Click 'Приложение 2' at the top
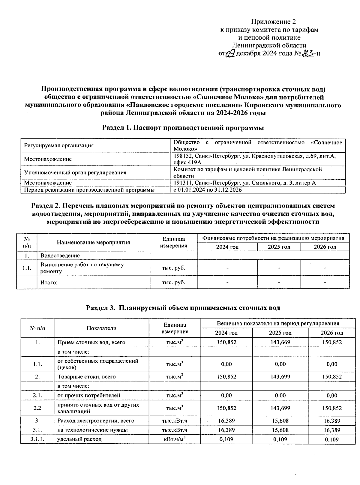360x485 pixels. click(273, 22)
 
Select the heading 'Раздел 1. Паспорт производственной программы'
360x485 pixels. click(183, 128)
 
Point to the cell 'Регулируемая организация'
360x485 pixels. click(59, 146)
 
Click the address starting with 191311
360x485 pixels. click(244, 183)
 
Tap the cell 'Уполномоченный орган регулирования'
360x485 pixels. click(75, 172)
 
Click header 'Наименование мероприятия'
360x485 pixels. click(93, 242)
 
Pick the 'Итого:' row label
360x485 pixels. click(49, 283)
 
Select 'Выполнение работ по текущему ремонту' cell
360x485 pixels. click(82, 268)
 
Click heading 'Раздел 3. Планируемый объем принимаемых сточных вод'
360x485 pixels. click(183, 308)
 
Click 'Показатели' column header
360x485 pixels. click(101, 328)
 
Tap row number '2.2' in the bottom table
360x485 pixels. click(37, 408)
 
